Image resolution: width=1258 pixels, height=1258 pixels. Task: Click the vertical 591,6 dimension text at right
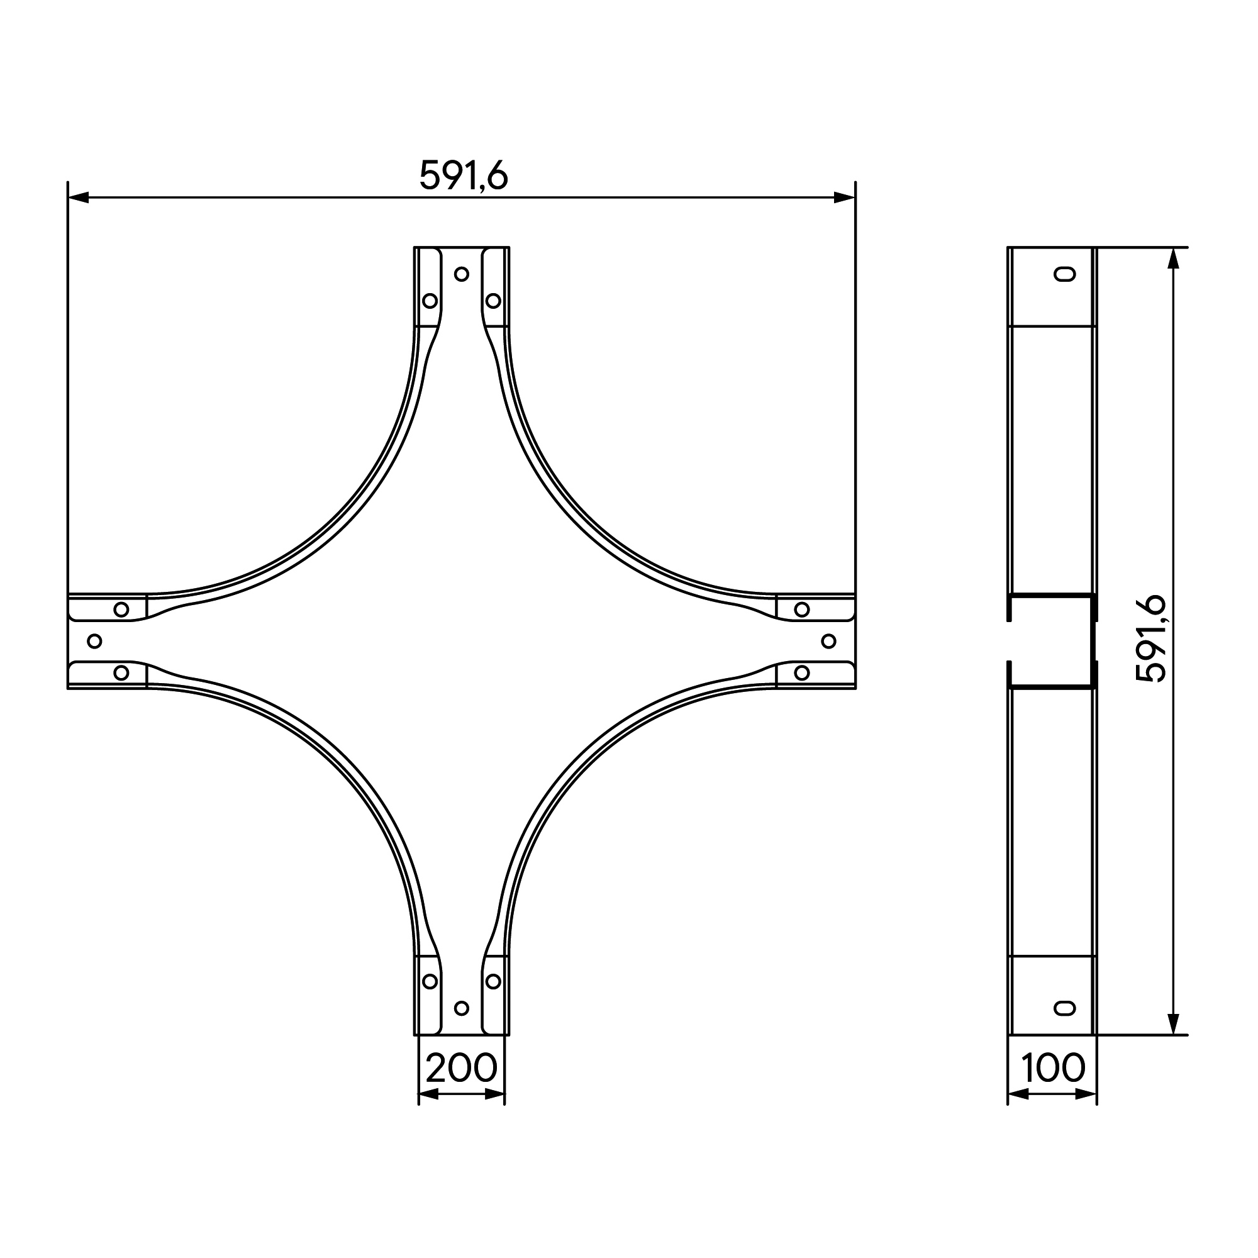pos(1150,639)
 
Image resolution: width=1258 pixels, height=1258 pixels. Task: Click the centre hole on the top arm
pos(462,274)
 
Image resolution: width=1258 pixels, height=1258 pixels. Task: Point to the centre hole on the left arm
pos(94,642)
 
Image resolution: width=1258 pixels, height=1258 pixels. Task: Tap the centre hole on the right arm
pos(829,642)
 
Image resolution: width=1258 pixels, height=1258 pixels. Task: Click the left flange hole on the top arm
pos(430,301)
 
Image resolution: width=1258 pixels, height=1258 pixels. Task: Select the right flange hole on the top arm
pos(494,301)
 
